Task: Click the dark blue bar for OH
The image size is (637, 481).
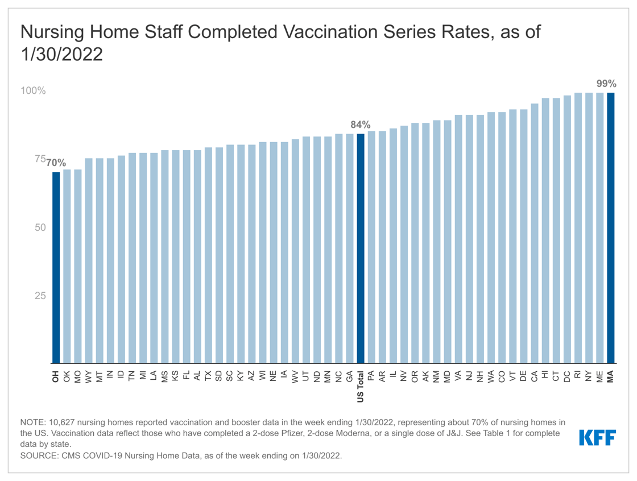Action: point(56,268)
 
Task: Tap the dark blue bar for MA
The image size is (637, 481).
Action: point(610,228)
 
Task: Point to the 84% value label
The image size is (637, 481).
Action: point(360,125)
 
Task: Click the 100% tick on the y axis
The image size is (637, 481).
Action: point(34,91)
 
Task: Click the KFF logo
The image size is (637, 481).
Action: point(597,438)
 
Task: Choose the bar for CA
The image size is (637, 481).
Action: point(534,233)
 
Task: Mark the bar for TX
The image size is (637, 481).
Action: point(208,255)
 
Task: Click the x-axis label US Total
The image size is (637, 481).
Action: point(360,386)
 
